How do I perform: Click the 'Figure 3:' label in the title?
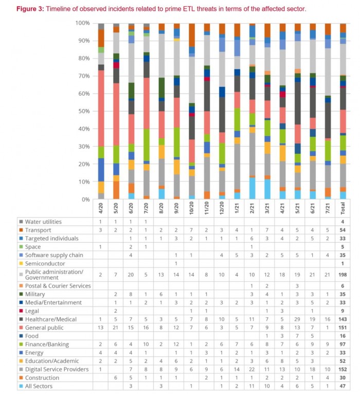tap(30, 9)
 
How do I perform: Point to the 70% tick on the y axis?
tap(82, 76)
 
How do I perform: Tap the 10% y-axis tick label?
tap(82, 182)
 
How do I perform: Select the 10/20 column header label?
tap(192, 208)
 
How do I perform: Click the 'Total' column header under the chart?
tap(343, 208)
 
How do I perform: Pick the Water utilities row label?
tap(43, 222)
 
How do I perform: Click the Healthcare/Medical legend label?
tap(51, 319)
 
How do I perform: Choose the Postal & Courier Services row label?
tap(58, 285)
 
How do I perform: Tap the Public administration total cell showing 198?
tap(343, 275)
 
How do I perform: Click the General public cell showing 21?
tap(116, 328)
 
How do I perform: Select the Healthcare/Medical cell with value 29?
tap(297, 319)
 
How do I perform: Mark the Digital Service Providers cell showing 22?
tap(251, 369)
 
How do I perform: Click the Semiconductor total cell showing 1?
tap(343, 263)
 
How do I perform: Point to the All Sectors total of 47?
tap(343, 386)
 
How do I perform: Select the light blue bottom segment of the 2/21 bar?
tap(252, 188)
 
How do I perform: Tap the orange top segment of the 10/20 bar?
tap(192, 35)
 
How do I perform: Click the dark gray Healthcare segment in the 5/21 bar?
tap(298, 103)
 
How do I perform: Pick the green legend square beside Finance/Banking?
tap(21, 344)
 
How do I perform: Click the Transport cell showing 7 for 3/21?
tap(267, 230)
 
